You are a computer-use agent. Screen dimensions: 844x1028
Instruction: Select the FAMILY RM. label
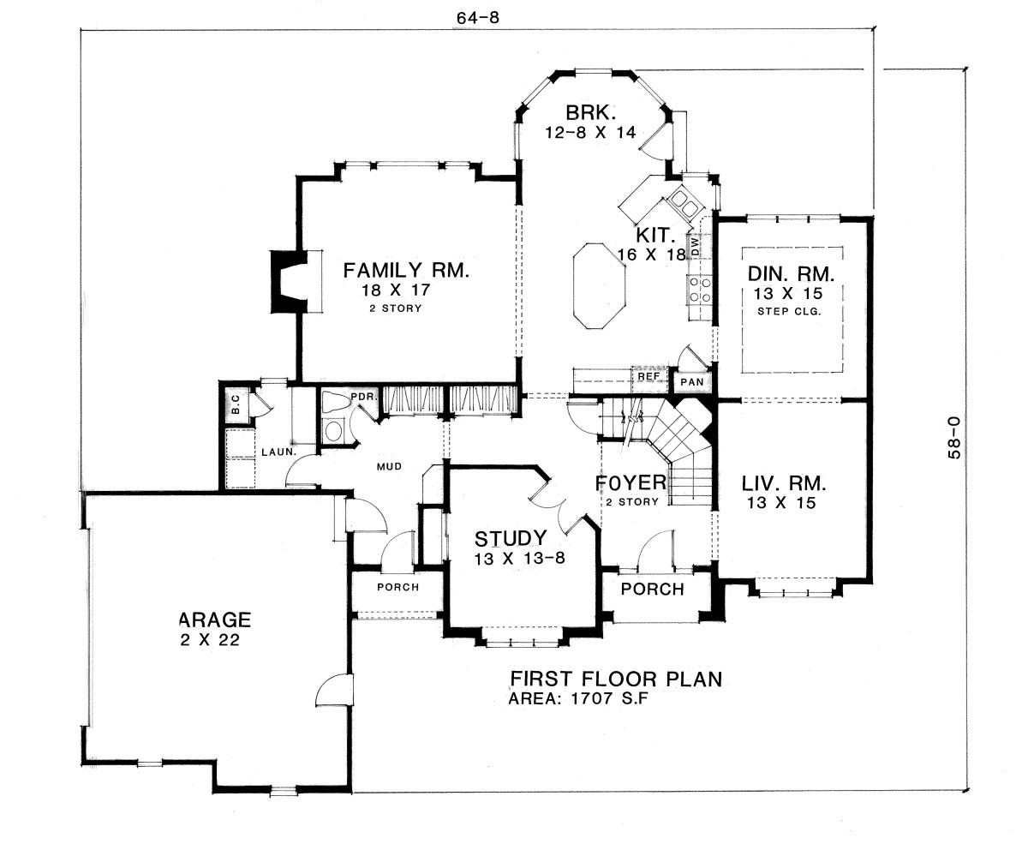[406, 272]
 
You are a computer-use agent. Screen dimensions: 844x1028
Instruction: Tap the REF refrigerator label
[647, 376]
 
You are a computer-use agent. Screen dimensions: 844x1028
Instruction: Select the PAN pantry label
[690, 380]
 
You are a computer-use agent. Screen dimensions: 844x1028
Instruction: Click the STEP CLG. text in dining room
[790, 312]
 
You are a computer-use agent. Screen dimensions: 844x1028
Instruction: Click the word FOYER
[631, 482]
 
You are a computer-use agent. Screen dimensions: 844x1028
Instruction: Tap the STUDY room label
[511, 538]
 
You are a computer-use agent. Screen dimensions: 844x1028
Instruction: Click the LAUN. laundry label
[280, 451]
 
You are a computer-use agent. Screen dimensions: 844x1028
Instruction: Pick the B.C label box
[236, 406]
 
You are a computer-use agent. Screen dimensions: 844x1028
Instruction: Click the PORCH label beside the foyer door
[653, 590]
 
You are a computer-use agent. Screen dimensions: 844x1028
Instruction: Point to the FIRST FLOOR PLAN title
[615, 679]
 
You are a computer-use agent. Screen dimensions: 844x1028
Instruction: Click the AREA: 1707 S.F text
[585, 699]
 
